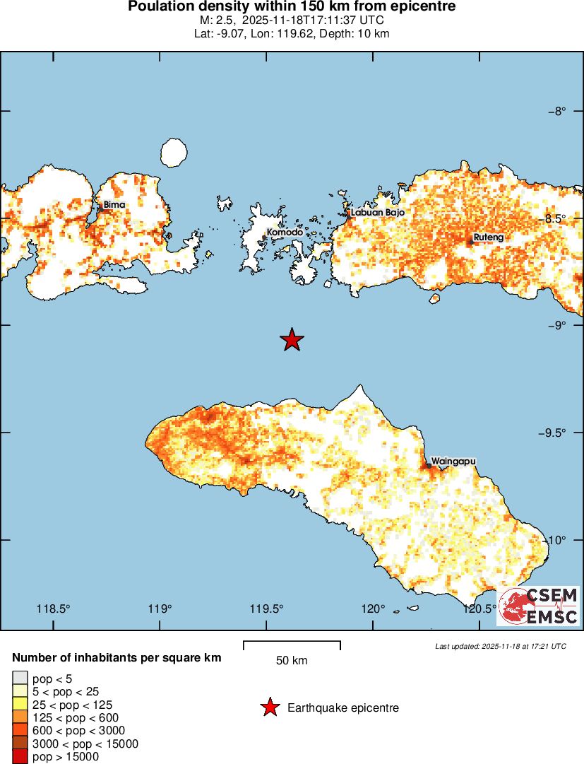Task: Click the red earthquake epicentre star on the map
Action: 292,340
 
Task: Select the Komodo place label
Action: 285,232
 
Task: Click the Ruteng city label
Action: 488,237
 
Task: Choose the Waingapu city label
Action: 453,461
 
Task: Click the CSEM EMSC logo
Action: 539,606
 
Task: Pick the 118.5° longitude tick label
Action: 54,609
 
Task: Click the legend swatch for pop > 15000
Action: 20,757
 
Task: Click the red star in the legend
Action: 269,707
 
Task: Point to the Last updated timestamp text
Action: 500,646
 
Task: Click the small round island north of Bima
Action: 173,151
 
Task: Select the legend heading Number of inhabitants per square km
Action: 117,657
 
